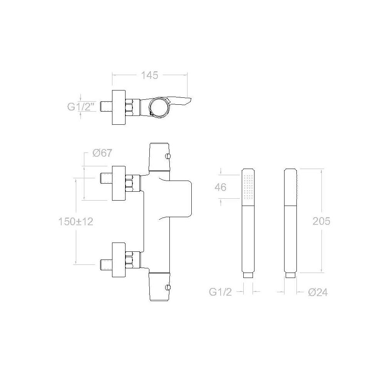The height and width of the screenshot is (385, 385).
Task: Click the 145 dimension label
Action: pyautogui.click(x=149, y=75)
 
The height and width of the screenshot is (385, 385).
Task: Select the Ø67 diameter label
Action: pyautogui.click(x=102, y=153)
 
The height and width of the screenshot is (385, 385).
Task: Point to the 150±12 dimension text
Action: pyautogui.click(x=75, y=222)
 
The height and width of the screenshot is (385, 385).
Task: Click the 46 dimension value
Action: pyautogui.click(x=220, y=187)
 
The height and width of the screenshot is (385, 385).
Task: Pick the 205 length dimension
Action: pyautogui.click(x=321, y=221)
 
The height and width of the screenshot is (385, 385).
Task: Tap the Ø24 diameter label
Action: pyautogui.click(x=318, y=293)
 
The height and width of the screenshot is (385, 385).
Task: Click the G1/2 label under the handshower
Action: pyautogui.click(x=220, y=292)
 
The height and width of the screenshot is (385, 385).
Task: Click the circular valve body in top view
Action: pyautogui.click(x=159, y=108)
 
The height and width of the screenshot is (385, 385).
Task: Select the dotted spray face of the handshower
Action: pyautogui.click(x=248, y=187)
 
